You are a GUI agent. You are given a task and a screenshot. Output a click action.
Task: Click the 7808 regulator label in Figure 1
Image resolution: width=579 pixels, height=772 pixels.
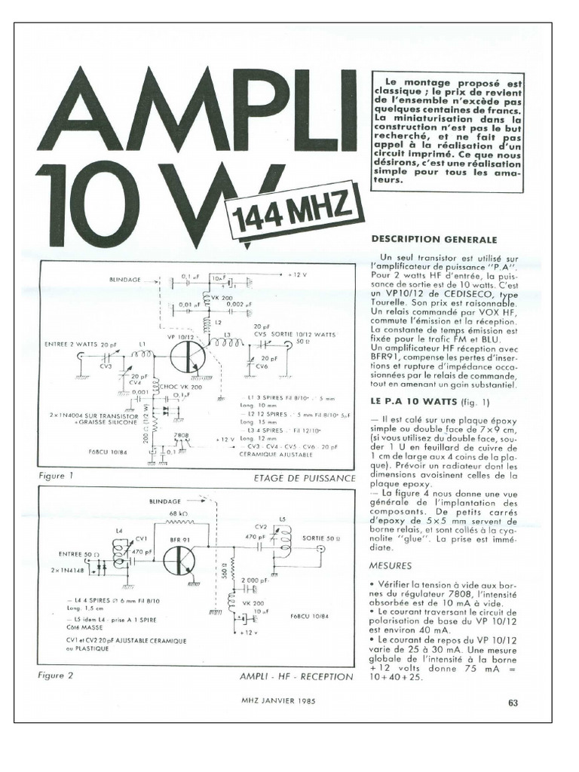click(181, 435)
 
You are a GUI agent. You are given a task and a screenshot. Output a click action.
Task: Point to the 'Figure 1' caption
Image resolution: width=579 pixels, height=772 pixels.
click(56, 476)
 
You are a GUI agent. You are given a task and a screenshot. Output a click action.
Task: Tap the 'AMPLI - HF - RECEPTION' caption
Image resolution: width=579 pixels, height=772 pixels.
click(296, 677)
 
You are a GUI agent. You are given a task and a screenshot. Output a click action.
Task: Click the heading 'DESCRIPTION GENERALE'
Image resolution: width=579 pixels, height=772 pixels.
click(433, 239)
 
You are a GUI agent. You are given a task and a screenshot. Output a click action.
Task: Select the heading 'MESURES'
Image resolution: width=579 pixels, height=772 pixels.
click(391, 565)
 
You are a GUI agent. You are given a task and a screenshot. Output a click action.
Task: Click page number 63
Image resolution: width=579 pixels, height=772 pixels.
click(513, 703)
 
